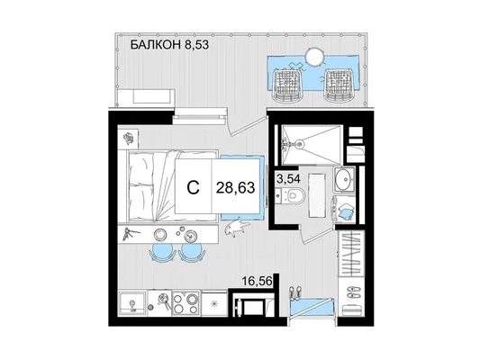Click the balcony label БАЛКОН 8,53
point(169,45)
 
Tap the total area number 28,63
point(235,187)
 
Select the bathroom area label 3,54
point(288,178)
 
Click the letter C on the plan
point(193,187)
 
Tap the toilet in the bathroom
point(294,195)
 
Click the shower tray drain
point(300,143)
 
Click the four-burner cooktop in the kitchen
point(186,302)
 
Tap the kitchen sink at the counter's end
point(132,303)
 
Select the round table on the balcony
point(314,57)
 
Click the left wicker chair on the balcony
point(287,85)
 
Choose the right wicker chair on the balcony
point(338,85)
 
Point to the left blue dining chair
point(160,253)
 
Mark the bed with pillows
point(172,186)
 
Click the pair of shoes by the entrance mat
point(294,292)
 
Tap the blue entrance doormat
point(311,307)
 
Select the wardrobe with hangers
point(351,254)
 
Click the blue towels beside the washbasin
point(345,211)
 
